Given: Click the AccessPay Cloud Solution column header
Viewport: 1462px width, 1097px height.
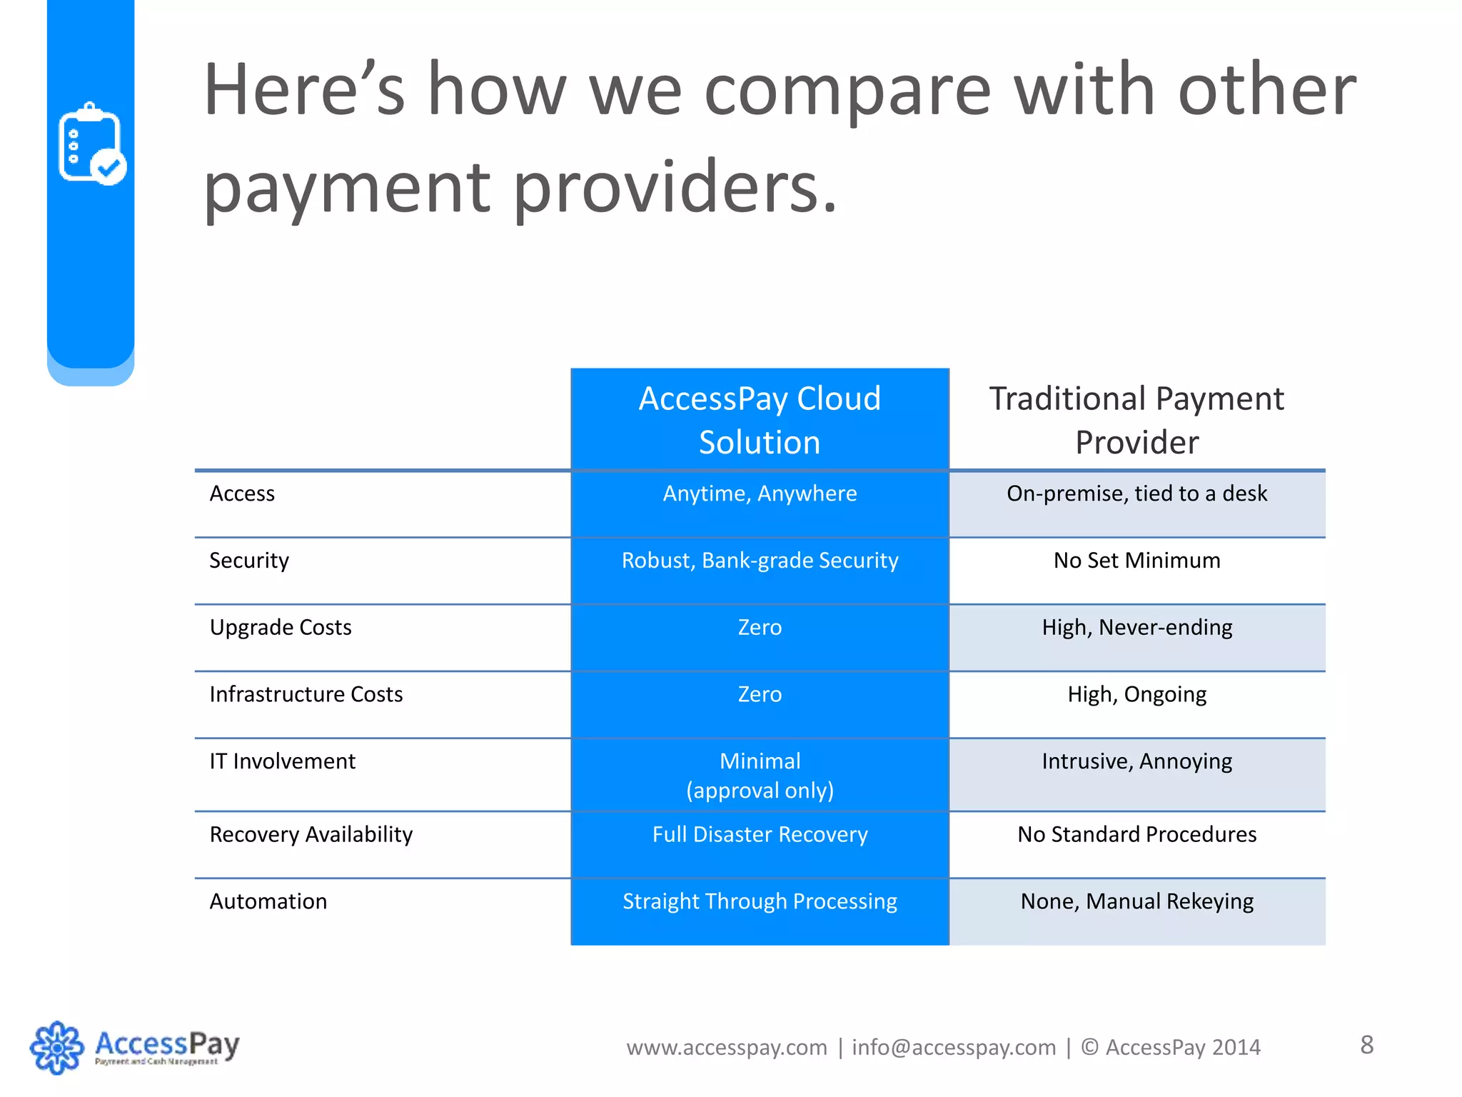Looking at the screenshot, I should click(760, 420).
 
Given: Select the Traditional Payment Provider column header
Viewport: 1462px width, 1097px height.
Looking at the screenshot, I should click(1136, 420).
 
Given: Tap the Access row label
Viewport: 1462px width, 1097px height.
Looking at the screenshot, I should click(242, 494).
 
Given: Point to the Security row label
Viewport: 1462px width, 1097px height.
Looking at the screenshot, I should click(249, 561).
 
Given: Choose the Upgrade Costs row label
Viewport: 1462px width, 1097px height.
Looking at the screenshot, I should click(281, 628).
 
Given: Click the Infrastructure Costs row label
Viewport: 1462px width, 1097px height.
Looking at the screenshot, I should click(306, 694).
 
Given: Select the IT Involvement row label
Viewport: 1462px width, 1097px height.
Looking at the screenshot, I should click(283, 761).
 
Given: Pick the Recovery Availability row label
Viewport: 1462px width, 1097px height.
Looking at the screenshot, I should click(311, 834).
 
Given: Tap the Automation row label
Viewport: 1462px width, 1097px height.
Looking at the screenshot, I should click(268, 901).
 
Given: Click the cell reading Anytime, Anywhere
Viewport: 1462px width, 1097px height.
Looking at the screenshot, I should click(760, 494).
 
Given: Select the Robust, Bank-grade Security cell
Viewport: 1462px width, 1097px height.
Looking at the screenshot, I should click(760, 561).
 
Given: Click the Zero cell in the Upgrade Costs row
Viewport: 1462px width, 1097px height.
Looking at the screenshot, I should click(760, 628).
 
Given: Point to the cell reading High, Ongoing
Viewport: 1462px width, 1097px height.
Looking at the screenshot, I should click(1136, 694).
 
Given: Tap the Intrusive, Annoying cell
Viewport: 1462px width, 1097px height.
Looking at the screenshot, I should click(1136, 761).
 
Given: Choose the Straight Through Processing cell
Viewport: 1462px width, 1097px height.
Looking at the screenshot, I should click(760, 901).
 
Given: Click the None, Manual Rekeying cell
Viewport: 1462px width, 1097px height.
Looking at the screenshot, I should click(1136, 901).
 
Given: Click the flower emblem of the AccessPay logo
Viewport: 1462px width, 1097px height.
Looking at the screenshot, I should click(56, 1048).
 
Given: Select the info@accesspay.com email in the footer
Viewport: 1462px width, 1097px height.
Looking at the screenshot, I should click(954, 1047).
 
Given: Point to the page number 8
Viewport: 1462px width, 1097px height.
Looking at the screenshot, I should click(1366, 1045).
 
